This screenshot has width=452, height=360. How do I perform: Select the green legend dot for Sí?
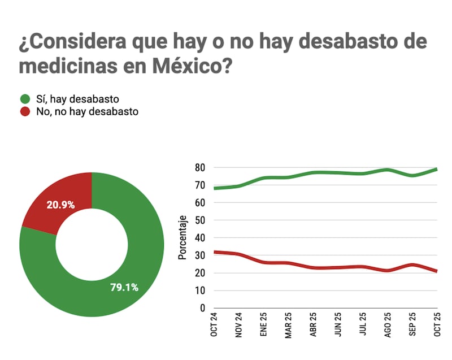(x=25, y=98)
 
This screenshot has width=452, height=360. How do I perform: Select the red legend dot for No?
(x=25, y=111)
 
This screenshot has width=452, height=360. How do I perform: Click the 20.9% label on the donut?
(x=61, y=205)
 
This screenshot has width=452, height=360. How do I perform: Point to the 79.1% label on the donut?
(x=124, y=287)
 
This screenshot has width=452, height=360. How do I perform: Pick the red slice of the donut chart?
(x=62, y=198)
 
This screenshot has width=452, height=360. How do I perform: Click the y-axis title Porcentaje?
(x=182, y=237)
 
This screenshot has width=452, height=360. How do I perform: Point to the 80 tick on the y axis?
(x=199, y=167)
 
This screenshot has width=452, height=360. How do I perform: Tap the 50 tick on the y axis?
(x=199, y=220)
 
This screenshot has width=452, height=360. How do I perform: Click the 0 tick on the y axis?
(x=202, y=309)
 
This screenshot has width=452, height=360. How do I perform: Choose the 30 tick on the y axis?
(x=199, y=255)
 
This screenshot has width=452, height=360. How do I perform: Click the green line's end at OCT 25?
(x=437, y=169)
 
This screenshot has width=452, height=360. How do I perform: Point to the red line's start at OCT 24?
(x=215, y=252)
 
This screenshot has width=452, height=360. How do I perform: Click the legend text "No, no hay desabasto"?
(x=79, y=111)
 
